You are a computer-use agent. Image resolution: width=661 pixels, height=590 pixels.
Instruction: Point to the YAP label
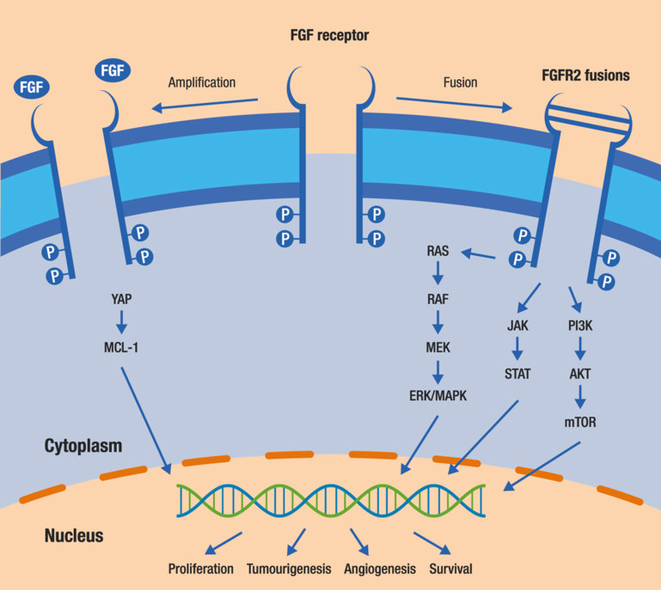point(121,301)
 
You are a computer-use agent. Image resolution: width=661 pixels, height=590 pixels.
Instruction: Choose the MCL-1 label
point(121,350)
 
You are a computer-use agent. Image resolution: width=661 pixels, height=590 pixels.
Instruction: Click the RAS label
point(438,252)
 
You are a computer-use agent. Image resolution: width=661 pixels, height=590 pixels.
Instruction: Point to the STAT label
point(517,374)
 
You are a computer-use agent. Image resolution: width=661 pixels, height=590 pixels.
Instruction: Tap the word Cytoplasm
point(83,447)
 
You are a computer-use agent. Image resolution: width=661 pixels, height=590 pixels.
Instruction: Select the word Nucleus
point(74,536)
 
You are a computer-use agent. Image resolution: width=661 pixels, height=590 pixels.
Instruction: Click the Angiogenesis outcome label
point(379,569)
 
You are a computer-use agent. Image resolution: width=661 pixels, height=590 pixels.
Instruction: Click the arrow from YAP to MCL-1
point(121,325)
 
